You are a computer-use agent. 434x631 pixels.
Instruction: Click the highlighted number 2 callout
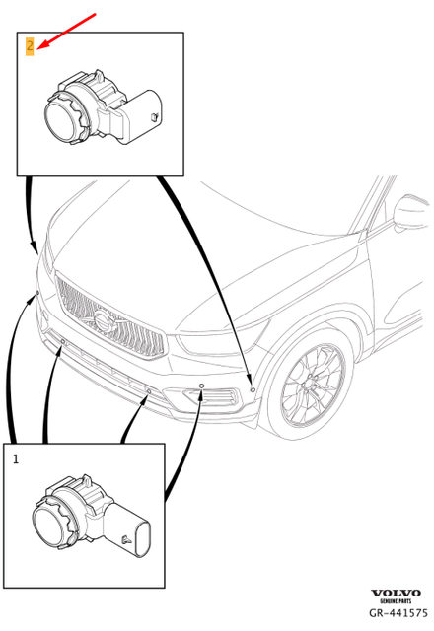tap(30, 45)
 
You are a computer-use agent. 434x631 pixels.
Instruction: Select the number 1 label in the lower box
tap(16, 458)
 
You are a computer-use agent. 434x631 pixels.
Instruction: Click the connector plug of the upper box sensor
tap(147, 116)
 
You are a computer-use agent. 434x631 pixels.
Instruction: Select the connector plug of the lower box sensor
tap(143, 536)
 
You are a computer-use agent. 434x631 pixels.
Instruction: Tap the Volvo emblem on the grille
tap(104, 321)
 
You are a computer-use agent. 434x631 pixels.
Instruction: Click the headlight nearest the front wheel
tap(213, 345)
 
